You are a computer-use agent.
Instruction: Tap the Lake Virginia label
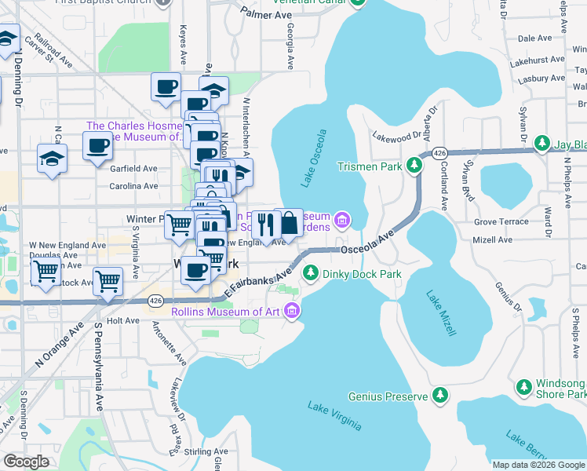tap(334, 416)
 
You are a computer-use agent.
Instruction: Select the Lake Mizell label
tap(441, 313)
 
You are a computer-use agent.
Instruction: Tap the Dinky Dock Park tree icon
tap(311, 273)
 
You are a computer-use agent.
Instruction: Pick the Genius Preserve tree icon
tap(441, 395)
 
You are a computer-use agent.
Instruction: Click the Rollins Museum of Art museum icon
tap(292, 312)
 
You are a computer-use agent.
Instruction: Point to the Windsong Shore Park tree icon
tap(524, 386)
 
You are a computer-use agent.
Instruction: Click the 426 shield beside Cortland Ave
tap(439, 152)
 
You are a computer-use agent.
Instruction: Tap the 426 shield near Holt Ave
tap(155, 300)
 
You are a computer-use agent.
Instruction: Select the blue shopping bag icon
tap(289, 223)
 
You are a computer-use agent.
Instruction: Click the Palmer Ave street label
tap(261, 14)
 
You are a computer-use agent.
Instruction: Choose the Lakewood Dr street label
tap(397, 137)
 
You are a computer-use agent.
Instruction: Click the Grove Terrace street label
tap(501, 221)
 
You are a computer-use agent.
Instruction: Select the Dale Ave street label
tap(535, 38)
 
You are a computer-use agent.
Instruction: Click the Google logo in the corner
tap(26, 462)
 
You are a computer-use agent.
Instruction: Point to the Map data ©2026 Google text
tap(538, 465)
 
